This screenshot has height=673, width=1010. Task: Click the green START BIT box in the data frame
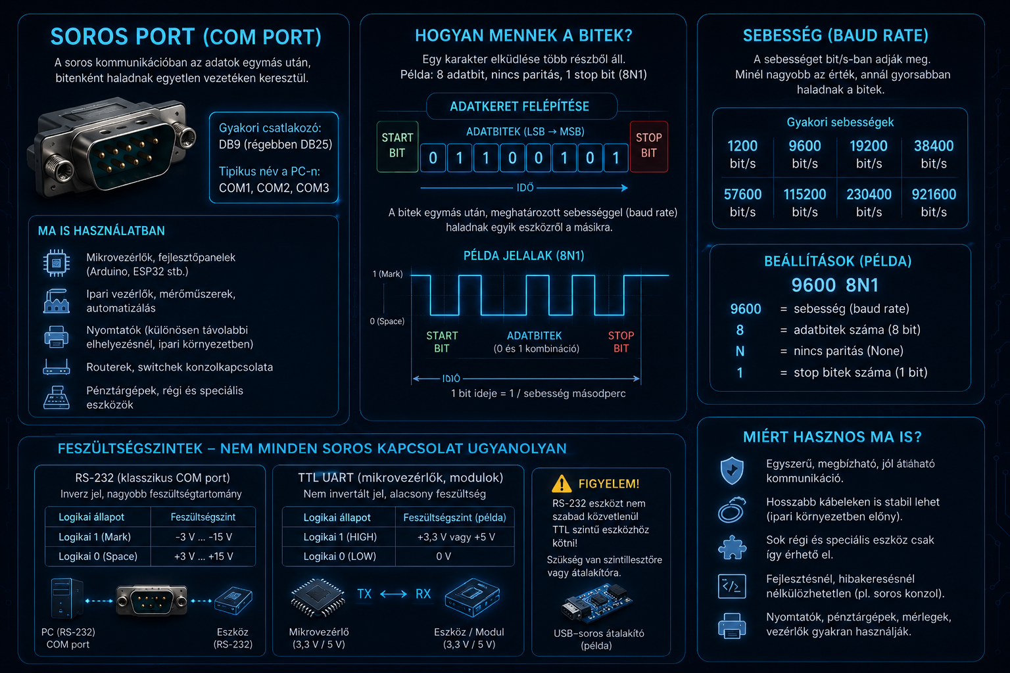coord(397,146)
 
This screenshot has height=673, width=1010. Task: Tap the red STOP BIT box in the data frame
coord(649,146)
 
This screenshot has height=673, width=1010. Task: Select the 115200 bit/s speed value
coord(805,202)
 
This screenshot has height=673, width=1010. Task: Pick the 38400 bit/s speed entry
coord(934,154)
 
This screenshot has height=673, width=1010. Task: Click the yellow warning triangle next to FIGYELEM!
coord(562,483)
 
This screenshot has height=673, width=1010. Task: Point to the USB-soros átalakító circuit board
coord(596,603)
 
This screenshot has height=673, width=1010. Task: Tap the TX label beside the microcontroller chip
coord(364,593)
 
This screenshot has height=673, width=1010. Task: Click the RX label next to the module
coord(423,593)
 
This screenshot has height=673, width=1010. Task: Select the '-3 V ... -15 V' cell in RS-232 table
coord(203,537)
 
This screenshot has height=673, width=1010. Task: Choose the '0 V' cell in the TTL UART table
coord(444,556)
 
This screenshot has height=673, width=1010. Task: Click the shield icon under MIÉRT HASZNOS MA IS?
coord(732,470)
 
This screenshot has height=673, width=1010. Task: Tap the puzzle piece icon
coord(732,547)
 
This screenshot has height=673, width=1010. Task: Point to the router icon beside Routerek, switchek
coord(57,367)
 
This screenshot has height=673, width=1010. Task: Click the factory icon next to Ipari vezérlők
coord(57,300)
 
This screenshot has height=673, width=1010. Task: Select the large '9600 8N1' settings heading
coord(836,285)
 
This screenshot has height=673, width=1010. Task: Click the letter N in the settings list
coord(740,351)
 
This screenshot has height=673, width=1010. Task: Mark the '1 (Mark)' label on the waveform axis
coord(387,273)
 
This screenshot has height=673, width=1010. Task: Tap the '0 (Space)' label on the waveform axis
coord(387,321)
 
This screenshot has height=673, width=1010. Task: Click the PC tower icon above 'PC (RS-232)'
coord(66,597)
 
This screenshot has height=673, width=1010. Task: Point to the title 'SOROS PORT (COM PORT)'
coord(186,37)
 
